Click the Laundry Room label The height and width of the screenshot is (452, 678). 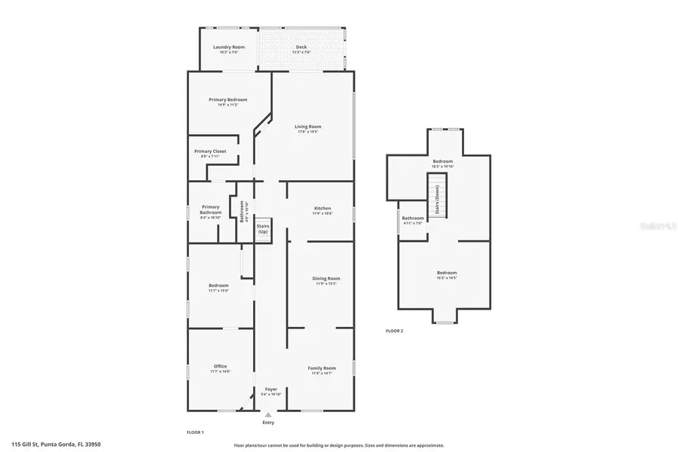(229, 47)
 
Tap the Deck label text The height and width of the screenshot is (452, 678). (301, 47)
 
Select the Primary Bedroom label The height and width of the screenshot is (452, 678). (229, 99)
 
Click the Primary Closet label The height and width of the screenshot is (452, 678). (210, 151)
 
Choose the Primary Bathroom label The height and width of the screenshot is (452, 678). (210, 209)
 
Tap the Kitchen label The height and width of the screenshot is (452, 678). (322, 208)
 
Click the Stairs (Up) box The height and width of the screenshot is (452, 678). (263, 229)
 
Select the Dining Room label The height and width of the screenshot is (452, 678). (326, 279)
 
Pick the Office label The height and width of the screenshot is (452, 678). (220, 366)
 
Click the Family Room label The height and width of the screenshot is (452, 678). (322, 368)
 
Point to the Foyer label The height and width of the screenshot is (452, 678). (271, 389)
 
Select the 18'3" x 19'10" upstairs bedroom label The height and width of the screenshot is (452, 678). (442, 161)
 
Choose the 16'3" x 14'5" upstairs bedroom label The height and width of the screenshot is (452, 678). (447, 273)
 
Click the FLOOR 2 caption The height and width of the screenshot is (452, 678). (394, 331)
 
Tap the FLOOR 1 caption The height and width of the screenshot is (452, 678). (194, 432)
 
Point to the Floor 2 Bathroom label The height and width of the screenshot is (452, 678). (413, 218)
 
